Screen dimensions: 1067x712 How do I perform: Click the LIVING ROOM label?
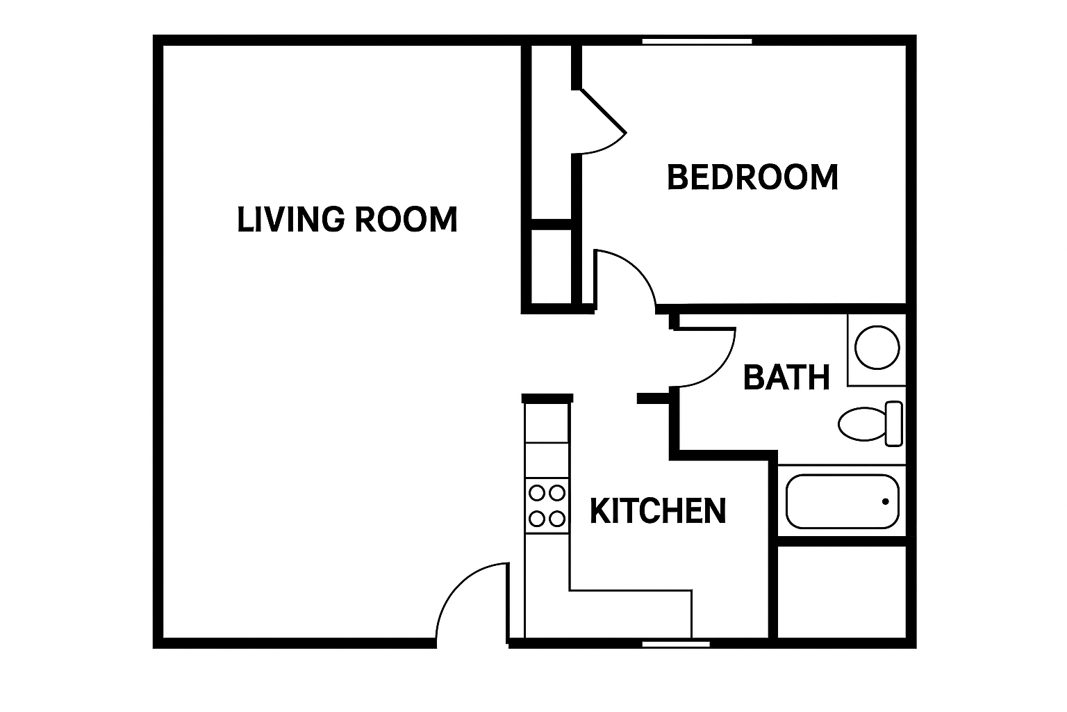pos(347,219)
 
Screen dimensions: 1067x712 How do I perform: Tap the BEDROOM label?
pos(752,177)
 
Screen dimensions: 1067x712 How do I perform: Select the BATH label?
pos(786,378)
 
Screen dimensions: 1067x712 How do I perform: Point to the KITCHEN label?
pos(658,511)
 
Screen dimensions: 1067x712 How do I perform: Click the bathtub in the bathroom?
pos(842,501)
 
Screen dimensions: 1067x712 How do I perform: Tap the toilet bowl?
pos(862,424)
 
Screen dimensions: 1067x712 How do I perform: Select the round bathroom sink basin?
pos(877,347)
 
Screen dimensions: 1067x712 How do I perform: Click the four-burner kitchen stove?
pos(547,505)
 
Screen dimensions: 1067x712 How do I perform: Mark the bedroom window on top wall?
pos(697,42)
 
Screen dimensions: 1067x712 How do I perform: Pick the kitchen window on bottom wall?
pos(676,645)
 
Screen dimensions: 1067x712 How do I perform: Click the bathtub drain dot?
pos(885,501)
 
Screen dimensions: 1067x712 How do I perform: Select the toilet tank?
pos(893,424)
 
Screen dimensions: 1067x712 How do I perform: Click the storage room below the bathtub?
pos(842,592)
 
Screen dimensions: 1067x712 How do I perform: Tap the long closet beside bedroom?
pos(551,132)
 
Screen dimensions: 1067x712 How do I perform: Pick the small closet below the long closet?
pos(551,266)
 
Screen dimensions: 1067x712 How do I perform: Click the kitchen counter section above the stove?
pos(547,460)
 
